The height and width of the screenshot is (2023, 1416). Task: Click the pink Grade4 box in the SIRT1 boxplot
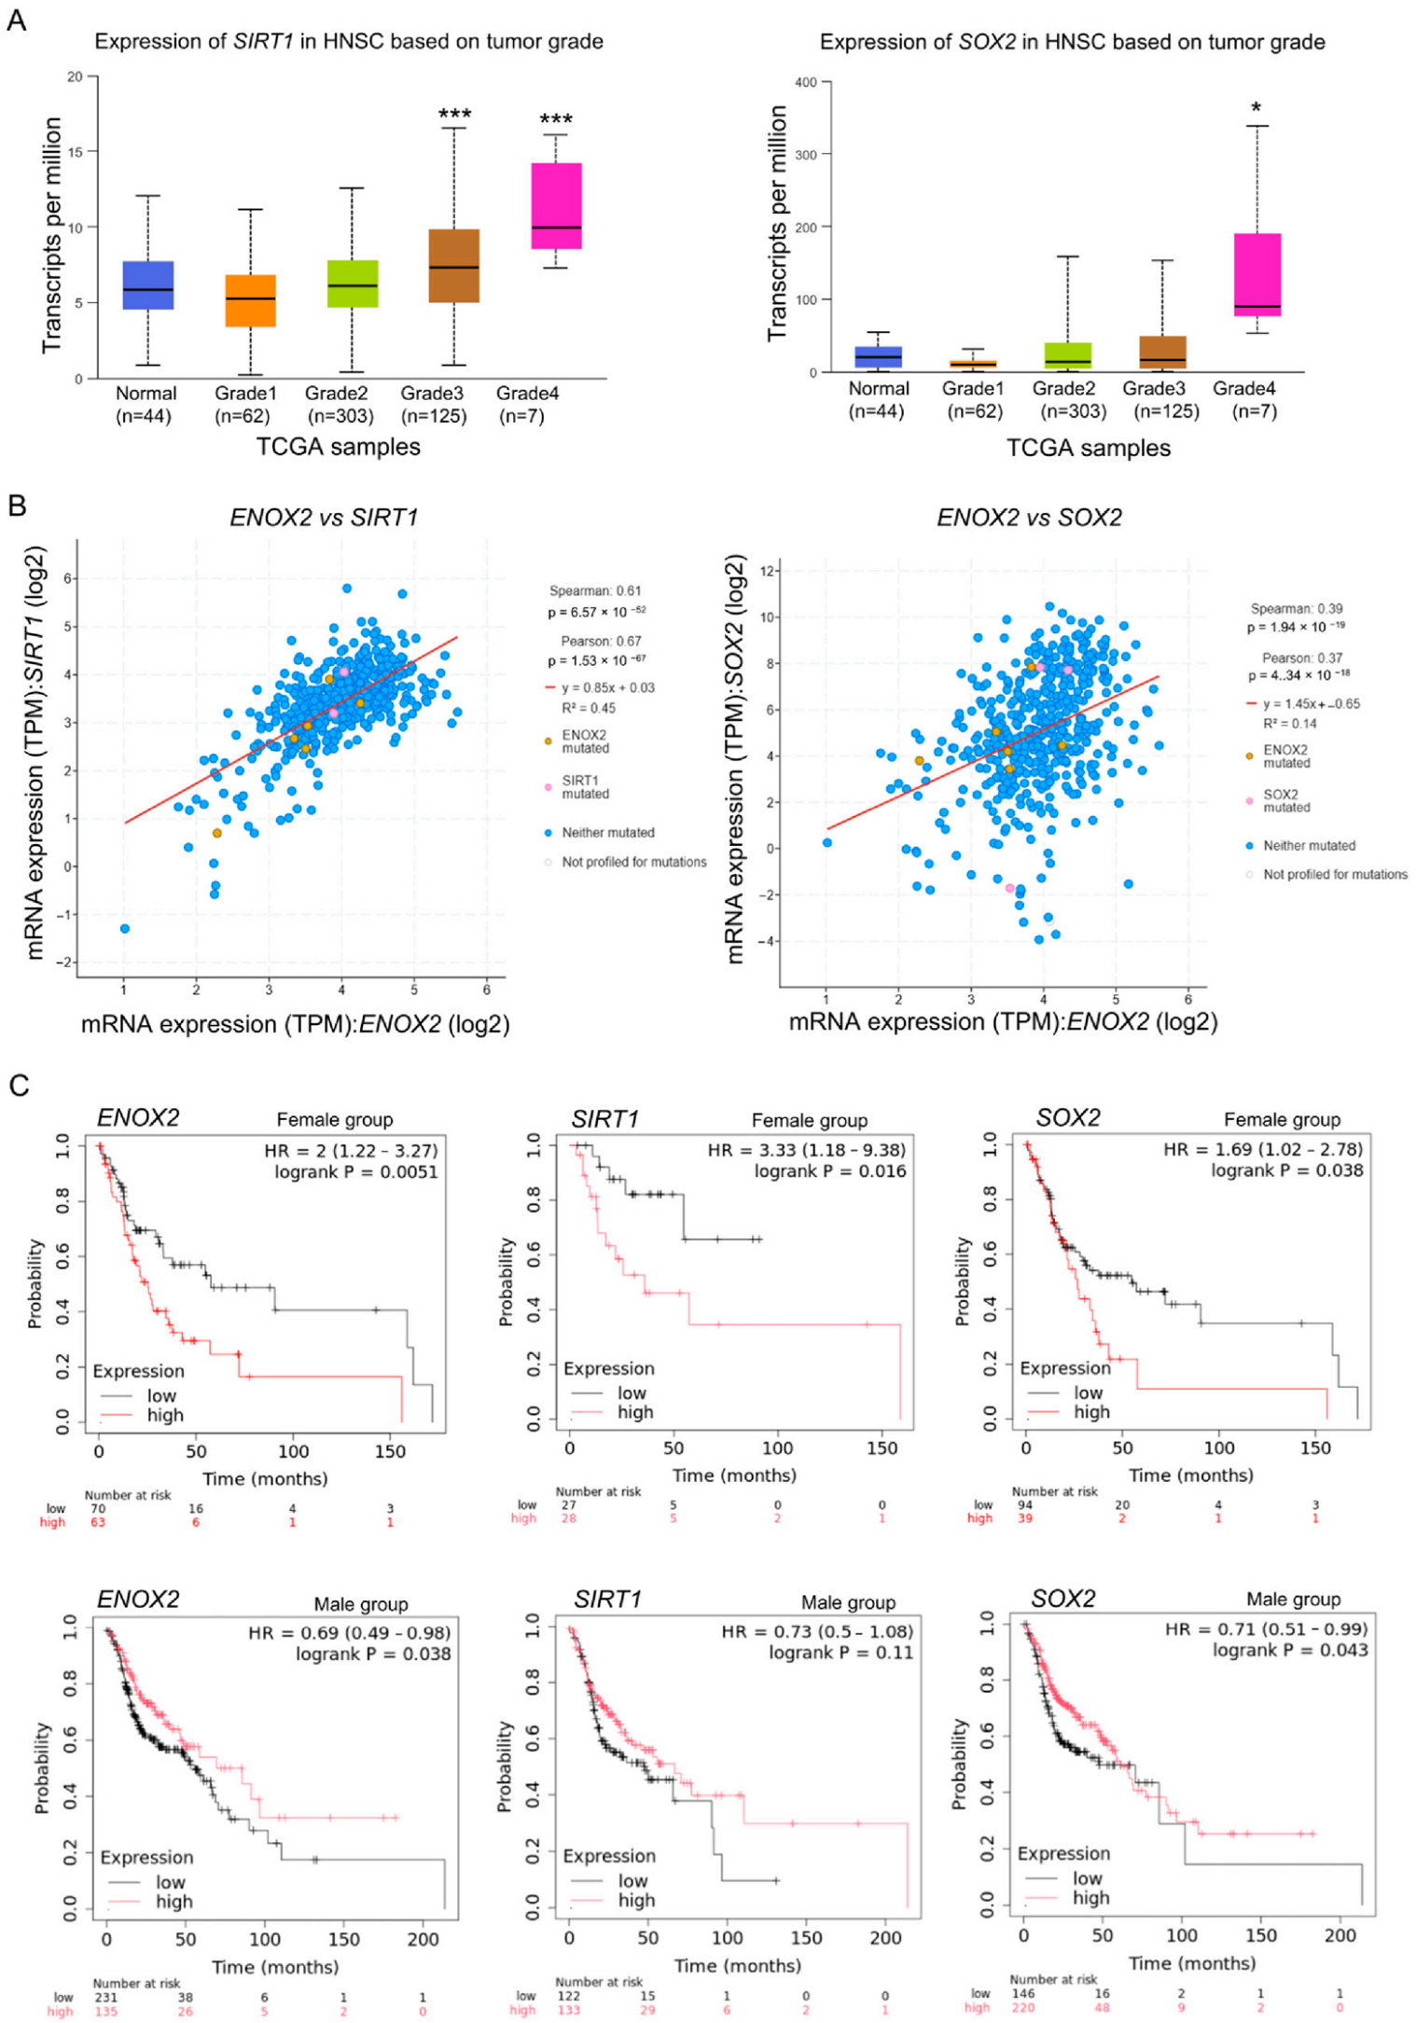coord(556,205)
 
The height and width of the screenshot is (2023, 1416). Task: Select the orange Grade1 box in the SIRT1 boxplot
coord(250,300)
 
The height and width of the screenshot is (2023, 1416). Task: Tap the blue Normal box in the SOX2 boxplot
coord(878,357)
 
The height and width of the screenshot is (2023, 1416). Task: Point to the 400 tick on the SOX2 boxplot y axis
coord(805,82)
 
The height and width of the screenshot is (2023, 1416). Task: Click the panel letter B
coord(16,506)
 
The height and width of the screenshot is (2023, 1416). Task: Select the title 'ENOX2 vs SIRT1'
coord(324,518)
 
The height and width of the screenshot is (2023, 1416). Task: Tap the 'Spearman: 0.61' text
coord(594,590)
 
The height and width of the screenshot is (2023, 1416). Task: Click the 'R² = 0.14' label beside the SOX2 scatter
coord(1291,724)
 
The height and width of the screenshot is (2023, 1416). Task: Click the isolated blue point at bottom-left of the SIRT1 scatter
coord(125,928)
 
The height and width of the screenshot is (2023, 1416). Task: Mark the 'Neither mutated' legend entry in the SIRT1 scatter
coord(607,833)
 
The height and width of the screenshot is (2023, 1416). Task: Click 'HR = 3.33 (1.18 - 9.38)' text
coord(806,1150)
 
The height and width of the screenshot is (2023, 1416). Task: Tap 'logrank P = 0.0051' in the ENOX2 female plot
coord(355,1171)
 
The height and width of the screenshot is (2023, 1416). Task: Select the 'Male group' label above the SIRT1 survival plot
coord(848,1602)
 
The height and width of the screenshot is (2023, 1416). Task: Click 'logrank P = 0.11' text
coord(840,1653)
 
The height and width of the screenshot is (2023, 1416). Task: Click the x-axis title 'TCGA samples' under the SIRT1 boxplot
coord(339,447)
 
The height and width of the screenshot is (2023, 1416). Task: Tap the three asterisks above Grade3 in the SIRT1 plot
coord(454,115)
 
